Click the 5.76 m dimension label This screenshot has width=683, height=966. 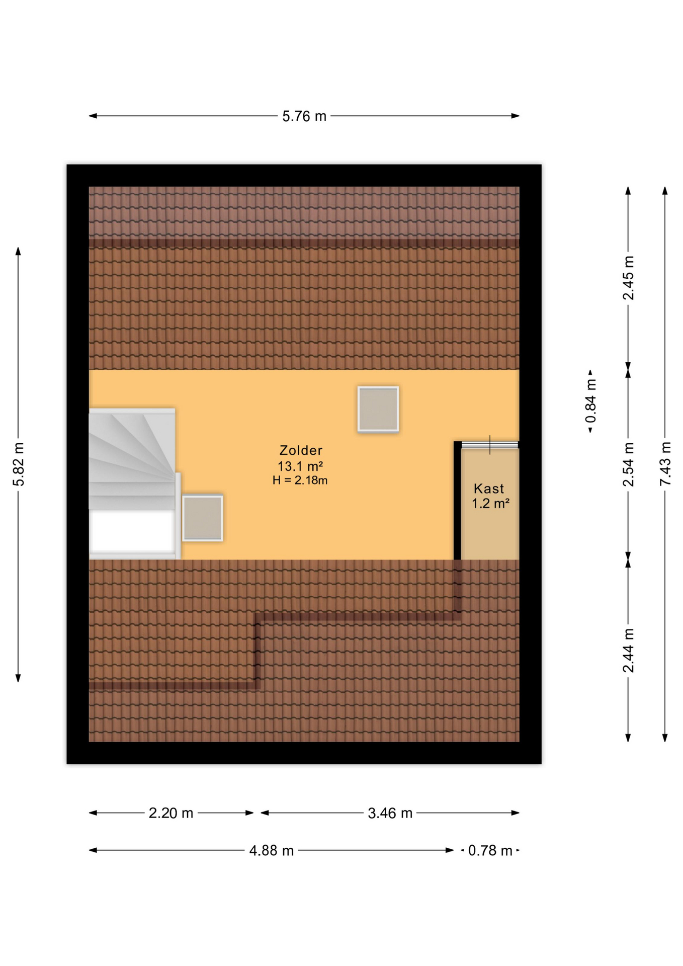tap(304, 116)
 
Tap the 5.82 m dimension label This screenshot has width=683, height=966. tap(19, 464)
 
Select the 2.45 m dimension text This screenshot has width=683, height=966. tap(628, 278)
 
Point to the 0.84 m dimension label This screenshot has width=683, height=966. tap(591, 401)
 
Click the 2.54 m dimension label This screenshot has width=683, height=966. tap(628, 464)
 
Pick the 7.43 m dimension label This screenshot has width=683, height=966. tap(665, 464)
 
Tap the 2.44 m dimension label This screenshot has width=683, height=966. tap(628, 651)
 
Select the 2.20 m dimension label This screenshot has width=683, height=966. tap(171, 813)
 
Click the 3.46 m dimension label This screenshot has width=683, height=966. tap(390, 813)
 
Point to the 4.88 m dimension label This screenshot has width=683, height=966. tap(272, 850)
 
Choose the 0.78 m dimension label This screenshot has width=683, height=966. tap(490, 850)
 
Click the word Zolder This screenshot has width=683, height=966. tap(301, 450)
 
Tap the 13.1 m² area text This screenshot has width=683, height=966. tap(300, 466)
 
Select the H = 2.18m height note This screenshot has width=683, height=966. tap(300, 480)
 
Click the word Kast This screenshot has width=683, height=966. tap(489, 489)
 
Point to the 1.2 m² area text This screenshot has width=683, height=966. tap(490, 503)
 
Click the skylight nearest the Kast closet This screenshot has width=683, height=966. tap(378, 409)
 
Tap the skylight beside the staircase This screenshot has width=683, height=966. tap(203, 518)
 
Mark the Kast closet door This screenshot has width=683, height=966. tap(490, 445)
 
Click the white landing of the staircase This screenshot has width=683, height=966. tap(132, 532)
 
